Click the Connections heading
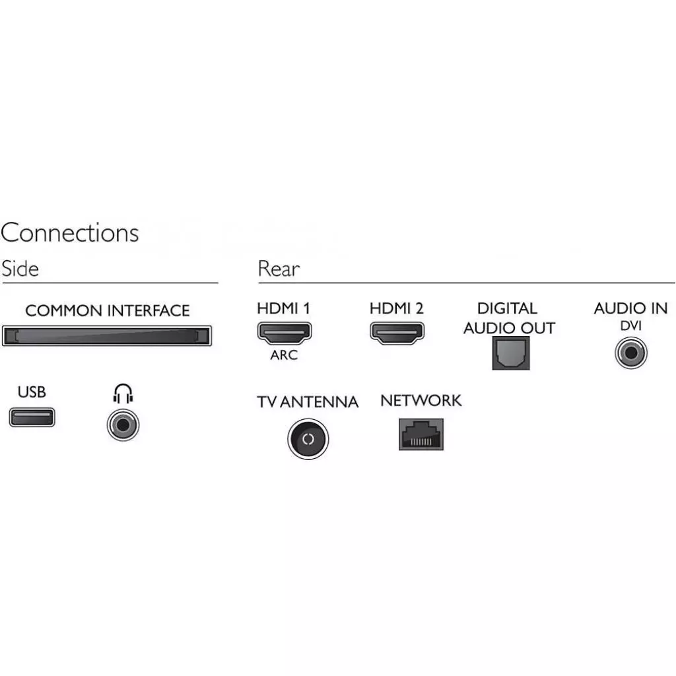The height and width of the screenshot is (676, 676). pos(70,233)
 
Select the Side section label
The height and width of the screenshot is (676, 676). pos(20,269)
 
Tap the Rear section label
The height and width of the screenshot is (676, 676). pos(278,269)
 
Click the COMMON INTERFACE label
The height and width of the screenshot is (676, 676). pos(107,310)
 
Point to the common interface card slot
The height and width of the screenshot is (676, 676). pos(107,335)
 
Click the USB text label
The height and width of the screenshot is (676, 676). pos(32,392)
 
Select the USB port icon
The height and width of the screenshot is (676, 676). pos(32,417)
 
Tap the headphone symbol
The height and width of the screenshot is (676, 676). pos(123,394)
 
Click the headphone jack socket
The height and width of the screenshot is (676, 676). pos(123,424)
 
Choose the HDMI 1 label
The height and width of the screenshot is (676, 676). pos(283,308)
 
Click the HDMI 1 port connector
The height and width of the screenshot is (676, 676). pos(284,332)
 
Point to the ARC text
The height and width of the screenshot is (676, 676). pos(284,355)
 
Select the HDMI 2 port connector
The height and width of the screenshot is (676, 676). pos(396,332)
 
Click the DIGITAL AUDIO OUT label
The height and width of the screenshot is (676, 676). pos(508,318)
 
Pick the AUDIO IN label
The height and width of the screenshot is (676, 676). pos(630,308)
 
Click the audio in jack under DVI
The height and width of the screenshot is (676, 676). pos(631,353)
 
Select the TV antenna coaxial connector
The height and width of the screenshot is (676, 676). pos(308,439)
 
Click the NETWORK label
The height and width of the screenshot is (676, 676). pos(421,401)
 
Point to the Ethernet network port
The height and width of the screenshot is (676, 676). pos(421,434)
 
